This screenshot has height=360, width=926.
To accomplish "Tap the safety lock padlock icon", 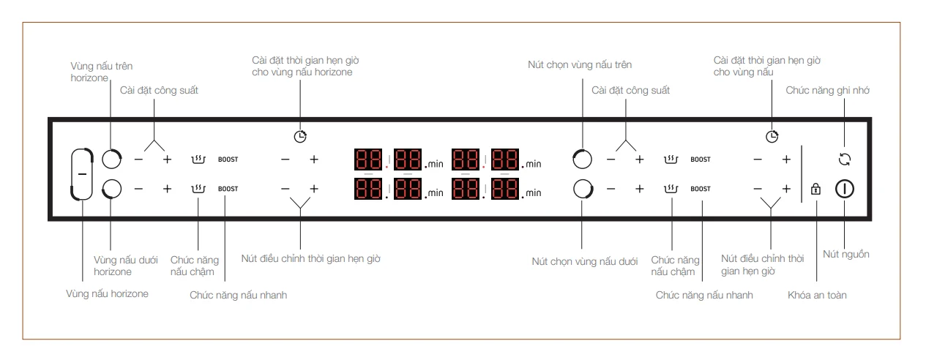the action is pyautogui.click(x=815, y=189).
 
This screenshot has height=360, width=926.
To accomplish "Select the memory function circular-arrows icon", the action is pyautogui.click(x=844, y=159).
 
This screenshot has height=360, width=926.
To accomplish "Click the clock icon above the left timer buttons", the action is pyautogui.click(x=300, y=136).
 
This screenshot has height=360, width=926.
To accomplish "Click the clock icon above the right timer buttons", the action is pyautogui.click(x=772, y=136).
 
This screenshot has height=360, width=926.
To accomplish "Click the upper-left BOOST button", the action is pyautogui.click(x=228, y=159).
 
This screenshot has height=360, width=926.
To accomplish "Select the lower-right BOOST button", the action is pyautogui.click(x=701, y=189).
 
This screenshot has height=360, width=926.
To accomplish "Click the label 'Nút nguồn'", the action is pyautogui.click(x=845, y=254).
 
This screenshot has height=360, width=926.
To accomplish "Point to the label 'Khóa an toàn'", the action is pyautogui.click(x=817, y=295).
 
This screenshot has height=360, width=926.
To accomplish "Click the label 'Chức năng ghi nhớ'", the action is pyautogui.click(x=827, y=91).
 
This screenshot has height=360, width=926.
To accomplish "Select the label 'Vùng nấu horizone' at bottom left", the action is pyautogui.click(x=107, y=294).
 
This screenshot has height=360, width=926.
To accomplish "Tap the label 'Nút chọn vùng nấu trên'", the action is pyautogui.click(x=580, y=65).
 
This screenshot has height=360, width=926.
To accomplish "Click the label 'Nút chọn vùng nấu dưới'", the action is pyautogui.click(x=585, y=262).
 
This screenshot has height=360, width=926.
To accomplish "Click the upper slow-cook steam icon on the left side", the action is pyautogui.click(x=198, y=160).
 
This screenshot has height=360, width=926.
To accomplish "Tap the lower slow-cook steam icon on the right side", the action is pyautogui.click(x=671, y=189).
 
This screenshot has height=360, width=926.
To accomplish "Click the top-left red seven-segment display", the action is pyautogui.click(x=368, y=159).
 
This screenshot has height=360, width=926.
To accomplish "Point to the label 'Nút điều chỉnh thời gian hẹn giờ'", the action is pyautogui.click(x=310, y=259).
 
